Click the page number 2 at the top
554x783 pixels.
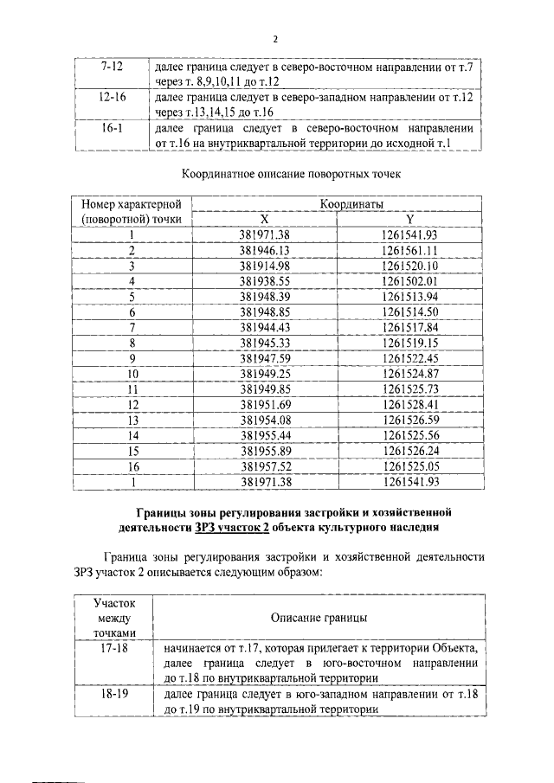coord(276,39)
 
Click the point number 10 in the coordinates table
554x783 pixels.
coord(132,374)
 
